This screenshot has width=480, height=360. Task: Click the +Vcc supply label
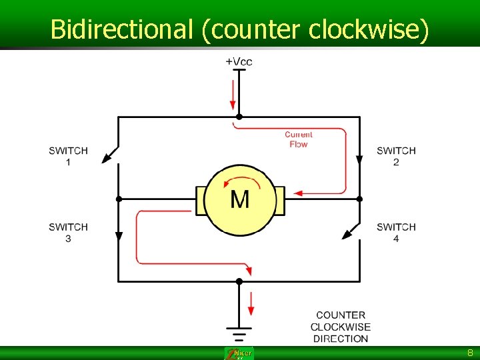[239, 61]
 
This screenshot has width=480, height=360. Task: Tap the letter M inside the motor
[240, 199]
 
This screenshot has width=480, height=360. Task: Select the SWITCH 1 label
[68, 156]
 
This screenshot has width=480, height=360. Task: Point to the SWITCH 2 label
[396, 156]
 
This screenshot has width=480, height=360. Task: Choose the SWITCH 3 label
[68, 233]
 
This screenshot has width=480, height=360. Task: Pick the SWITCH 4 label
[396, 233]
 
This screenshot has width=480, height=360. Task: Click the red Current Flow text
[299, 139]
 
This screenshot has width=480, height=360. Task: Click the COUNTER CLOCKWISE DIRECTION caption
[341, 327]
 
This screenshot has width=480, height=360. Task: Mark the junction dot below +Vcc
[239, 117]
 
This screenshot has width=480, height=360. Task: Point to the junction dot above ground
[239, 281]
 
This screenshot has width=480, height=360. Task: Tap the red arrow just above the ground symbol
[251, 303]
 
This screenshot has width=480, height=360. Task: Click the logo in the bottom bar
[239, 353]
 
